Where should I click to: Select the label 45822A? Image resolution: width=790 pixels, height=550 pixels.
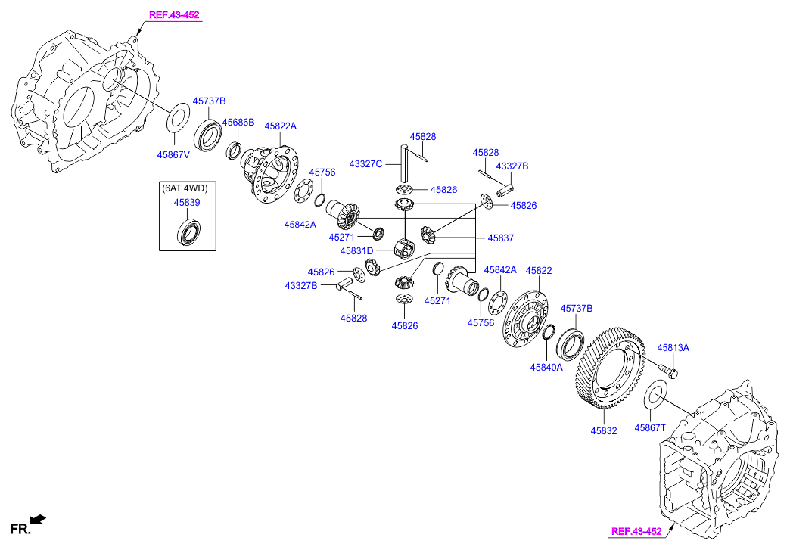point(280,126)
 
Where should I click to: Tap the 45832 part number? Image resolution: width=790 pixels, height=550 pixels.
point(604,431)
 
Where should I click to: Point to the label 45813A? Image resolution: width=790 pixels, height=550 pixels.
point(673,348)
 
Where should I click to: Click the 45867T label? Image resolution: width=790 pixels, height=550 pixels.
point(650,427)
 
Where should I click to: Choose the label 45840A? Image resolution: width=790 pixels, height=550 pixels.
point(546,368)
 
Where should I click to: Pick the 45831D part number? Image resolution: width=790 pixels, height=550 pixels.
point(356,251)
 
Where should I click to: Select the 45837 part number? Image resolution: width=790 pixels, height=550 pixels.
point(500,238)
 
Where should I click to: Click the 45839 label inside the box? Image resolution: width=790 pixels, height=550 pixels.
point(186,203)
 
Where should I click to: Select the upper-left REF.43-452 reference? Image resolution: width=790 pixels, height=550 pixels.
point(175,14)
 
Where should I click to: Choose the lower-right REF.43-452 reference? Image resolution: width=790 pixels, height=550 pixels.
point(636,531)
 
